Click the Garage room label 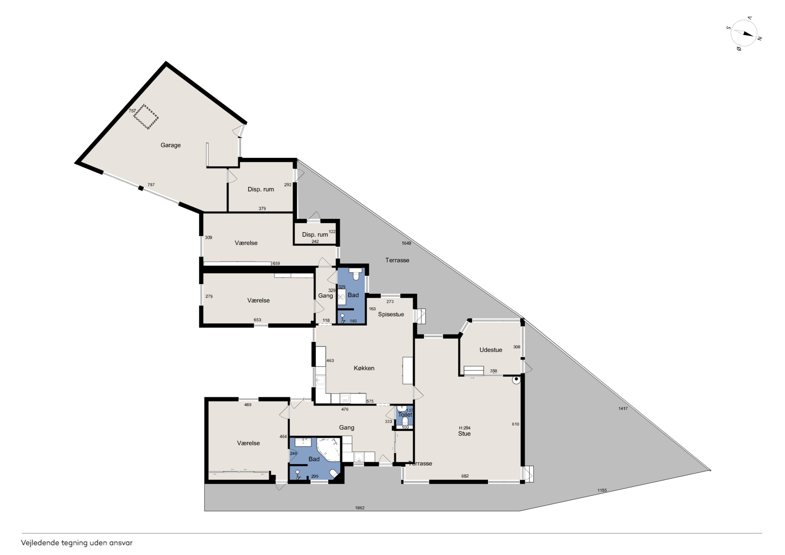click(x=170, y=145)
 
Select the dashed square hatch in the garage click(x=146, y=117)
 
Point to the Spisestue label click(x=391, y=314)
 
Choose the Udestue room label click(x=491, y=350)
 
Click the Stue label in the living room click(x=464, y=434)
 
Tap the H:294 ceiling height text click(x=465, y=428)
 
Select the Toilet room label click(x=405, y=414)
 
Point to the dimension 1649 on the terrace click(x=406, y=243)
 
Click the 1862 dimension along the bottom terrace click(x=360, y=508)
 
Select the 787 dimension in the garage click(x=151, y=185)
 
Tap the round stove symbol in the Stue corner click(x=516, y=379)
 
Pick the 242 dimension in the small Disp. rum click(x=315, y=242)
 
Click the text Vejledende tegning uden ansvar click(x=77, y=543)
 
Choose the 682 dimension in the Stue click(x=465, y=476)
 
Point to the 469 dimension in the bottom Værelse click(x=248, y=405)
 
